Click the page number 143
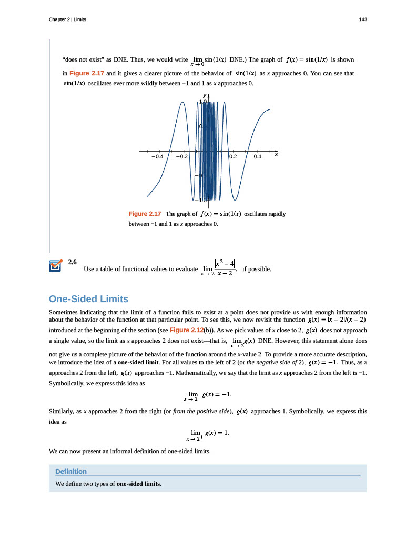coord(362,19)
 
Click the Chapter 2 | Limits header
coord(67,19)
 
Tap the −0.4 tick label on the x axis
coord(157,157)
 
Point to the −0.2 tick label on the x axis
coord(182,157)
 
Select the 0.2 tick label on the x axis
coord(233,157)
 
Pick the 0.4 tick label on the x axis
coord(258,157)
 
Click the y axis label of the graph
coord(204,95)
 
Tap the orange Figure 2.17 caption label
coord(145,214)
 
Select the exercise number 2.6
coord(73,262)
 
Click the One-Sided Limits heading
coord(88,299)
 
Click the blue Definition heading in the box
coord(71,471)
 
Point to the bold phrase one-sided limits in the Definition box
coord(138,484)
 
